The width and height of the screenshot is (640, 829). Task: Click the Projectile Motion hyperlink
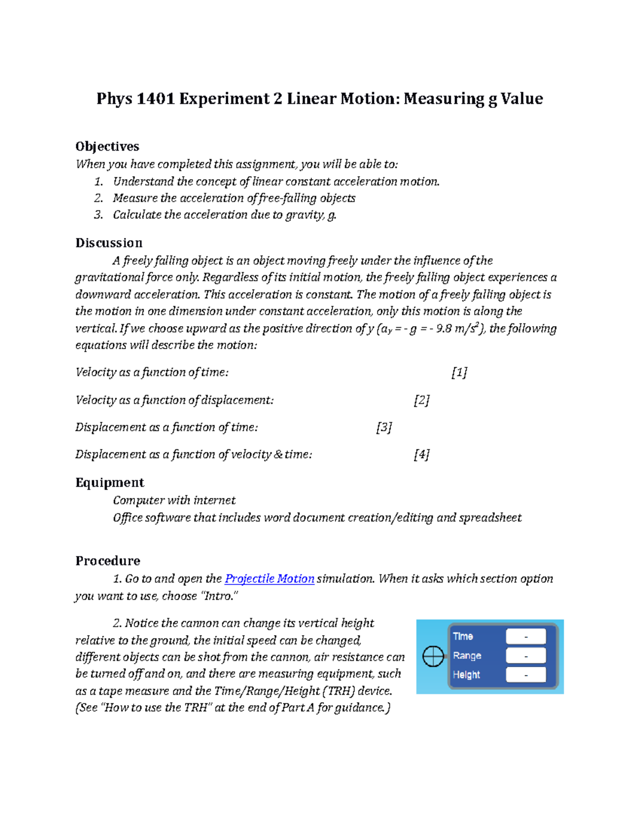click(x=269, y=579)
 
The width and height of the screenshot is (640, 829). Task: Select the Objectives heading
click(x=107, y=146)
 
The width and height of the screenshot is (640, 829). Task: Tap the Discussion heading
click(x=109, y=243)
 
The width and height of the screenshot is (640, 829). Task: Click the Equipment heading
click(x=110, y=483)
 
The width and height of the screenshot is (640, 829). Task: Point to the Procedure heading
click(x=108, y=560)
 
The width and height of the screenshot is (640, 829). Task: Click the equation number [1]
click(x=459, y=373)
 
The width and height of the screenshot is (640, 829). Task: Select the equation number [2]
click(x=421, y=400)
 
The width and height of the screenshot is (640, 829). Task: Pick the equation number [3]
click(x=384, y=428)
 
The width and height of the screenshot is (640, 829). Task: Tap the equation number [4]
click(x=421, y=455)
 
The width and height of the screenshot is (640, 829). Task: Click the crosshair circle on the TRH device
click(x=433, y=656)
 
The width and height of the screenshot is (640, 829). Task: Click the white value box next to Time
click(x=526, y=636)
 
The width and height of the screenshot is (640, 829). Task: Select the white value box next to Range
click(x=526, y=656)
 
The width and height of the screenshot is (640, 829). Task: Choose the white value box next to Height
click(x=526, y=675)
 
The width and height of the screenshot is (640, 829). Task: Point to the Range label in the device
click(x=467, y=656)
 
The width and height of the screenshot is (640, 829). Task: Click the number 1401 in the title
click(x=156, y=99)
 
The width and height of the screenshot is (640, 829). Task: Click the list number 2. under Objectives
click(x=99, y=198)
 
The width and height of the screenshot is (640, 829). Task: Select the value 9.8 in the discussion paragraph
click(x=444, y=329)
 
